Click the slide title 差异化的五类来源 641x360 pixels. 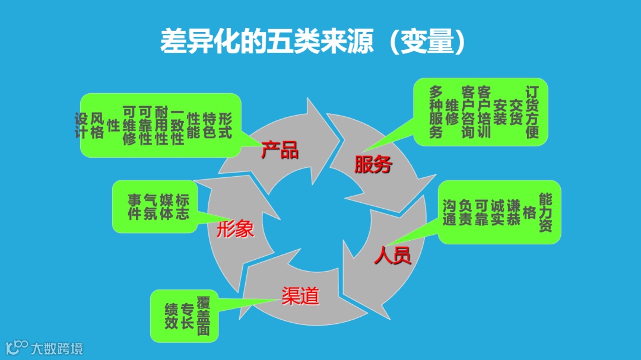pyautogui.click(x=267, y=42)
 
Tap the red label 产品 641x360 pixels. pyautogui.click(x=280, y=151)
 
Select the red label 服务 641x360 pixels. pyautogui.click(x=373, y=164)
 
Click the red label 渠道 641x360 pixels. pyautogui.click(x=300, y=295)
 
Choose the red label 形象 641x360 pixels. pyautogui.click(x=235, y=228)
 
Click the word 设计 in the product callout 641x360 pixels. pyautogui.click(x=81, y=126)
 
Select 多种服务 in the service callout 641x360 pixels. pyautogui.click(x=436, y=112)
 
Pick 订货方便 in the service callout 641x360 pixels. pyautogui.click(x=532, y=112)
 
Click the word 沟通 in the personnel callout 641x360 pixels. pyautogui.click(x=449, y=212)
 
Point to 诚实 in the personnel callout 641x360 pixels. pyautogui.click(x=497, y=212)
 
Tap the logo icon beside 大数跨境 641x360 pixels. pyautogui.click(x=17, y=348)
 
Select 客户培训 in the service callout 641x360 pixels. pyautogui.click(x=484, y=112)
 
